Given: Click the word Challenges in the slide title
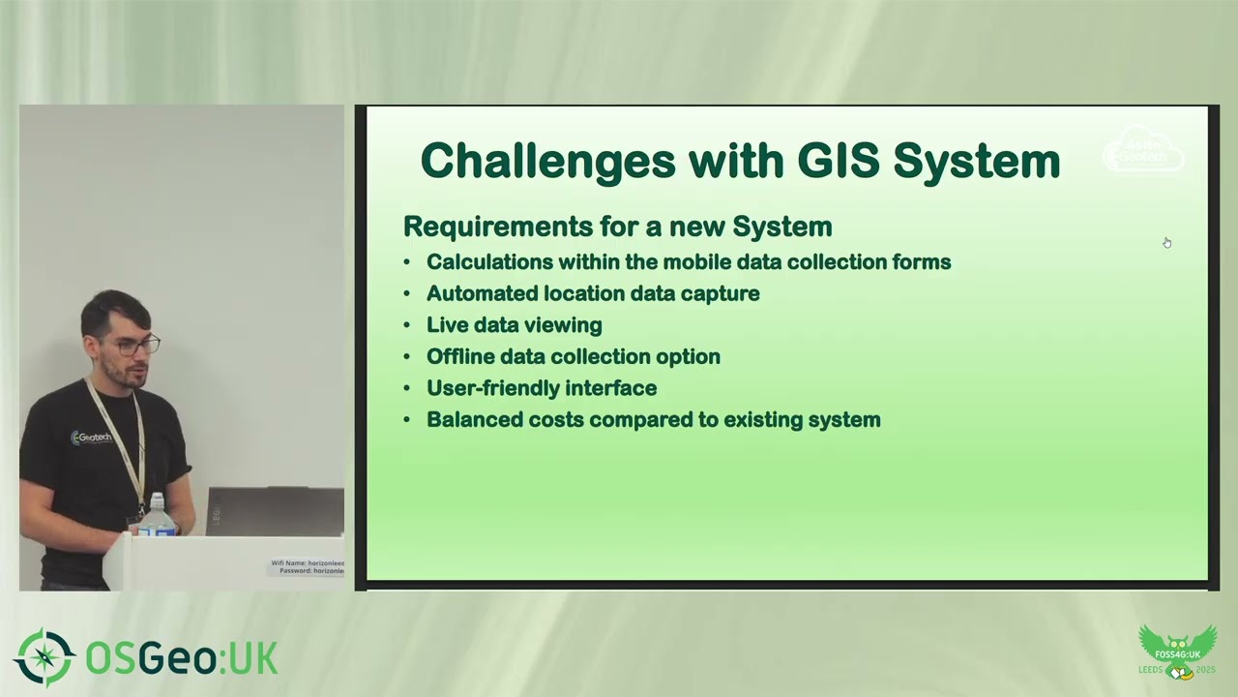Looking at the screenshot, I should click(547, 161).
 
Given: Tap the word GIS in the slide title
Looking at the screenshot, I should click(837, 161).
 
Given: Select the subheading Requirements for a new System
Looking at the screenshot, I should click(617, 227).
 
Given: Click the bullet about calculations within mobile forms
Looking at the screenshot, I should click(688, 262).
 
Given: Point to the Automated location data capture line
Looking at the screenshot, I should click(592, 293).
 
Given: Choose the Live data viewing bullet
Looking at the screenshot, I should click(514, 325).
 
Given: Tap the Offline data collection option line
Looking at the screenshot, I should click(573, 356).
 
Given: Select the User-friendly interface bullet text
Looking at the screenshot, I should click(541, 388).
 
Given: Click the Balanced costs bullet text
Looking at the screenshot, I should click(653, 419).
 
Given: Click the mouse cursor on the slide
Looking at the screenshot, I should click(1166, 242).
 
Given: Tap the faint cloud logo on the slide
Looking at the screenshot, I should click(1143, 152).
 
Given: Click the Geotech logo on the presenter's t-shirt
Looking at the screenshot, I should click(92, 438).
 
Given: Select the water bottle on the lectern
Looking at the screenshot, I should click(156, 517).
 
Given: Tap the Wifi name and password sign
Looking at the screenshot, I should click(307, 567).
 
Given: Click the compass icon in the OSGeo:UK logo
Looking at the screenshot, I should click(44, 658).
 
